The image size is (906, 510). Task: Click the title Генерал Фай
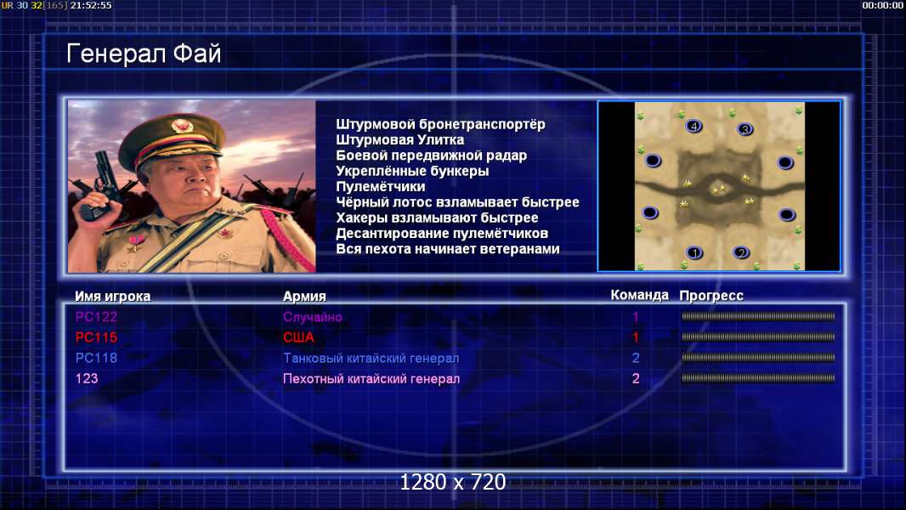[144, 54]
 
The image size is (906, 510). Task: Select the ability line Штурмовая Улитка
[399, 139]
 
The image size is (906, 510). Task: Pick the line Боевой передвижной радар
[431, 156]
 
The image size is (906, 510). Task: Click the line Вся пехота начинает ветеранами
[448, 249]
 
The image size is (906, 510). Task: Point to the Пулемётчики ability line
[380, 186]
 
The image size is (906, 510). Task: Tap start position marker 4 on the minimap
[694, 126]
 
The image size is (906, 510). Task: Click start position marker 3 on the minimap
[745, 129]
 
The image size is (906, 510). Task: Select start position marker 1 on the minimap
[694, 252]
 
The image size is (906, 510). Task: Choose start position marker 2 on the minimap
[741, 252]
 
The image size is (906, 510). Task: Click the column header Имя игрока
[113, 297]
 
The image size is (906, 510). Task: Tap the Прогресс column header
[711, 295]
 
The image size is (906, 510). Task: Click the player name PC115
[97, 337]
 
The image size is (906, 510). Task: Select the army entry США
[298, 337]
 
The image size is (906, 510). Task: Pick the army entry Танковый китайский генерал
[371, 358]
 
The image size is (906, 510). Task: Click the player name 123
[87, 379]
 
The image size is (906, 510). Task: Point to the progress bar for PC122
[758, 316]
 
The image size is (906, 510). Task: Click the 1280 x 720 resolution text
[453, 482]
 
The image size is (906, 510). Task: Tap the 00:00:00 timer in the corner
[883, 5]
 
